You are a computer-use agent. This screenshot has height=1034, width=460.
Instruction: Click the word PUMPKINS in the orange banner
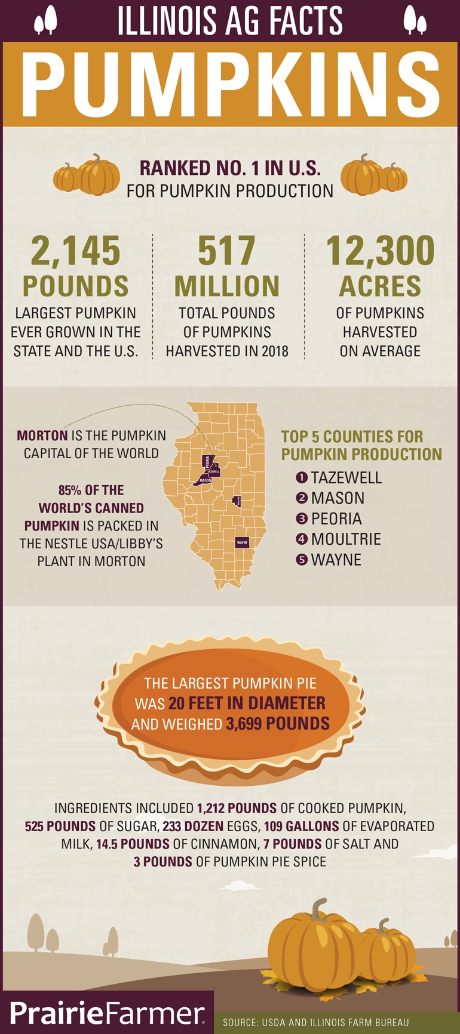point(230,85)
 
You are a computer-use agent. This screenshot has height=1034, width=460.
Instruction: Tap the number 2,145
point(76,251)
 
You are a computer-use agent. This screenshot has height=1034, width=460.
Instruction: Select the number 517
point(227,251)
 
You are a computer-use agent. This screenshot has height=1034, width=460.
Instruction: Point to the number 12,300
point(380,251)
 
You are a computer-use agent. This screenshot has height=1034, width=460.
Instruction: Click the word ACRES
point(380,286)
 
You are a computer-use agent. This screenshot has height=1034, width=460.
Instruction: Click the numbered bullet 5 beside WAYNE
point(302,560)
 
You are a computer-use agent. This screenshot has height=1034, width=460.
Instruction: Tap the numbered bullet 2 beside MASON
point(302,498)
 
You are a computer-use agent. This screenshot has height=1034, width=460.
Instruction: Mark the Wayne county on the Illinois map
point(242,542)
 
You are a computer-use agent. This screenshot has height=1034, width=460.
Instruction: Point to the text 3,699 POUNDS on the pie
point(277,724)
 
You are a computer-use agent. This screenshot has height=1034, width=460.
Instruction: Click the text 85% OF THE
point(91,490)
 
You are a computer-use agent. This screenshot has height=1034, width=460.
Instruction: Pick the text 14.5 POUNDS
point(133,844)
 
